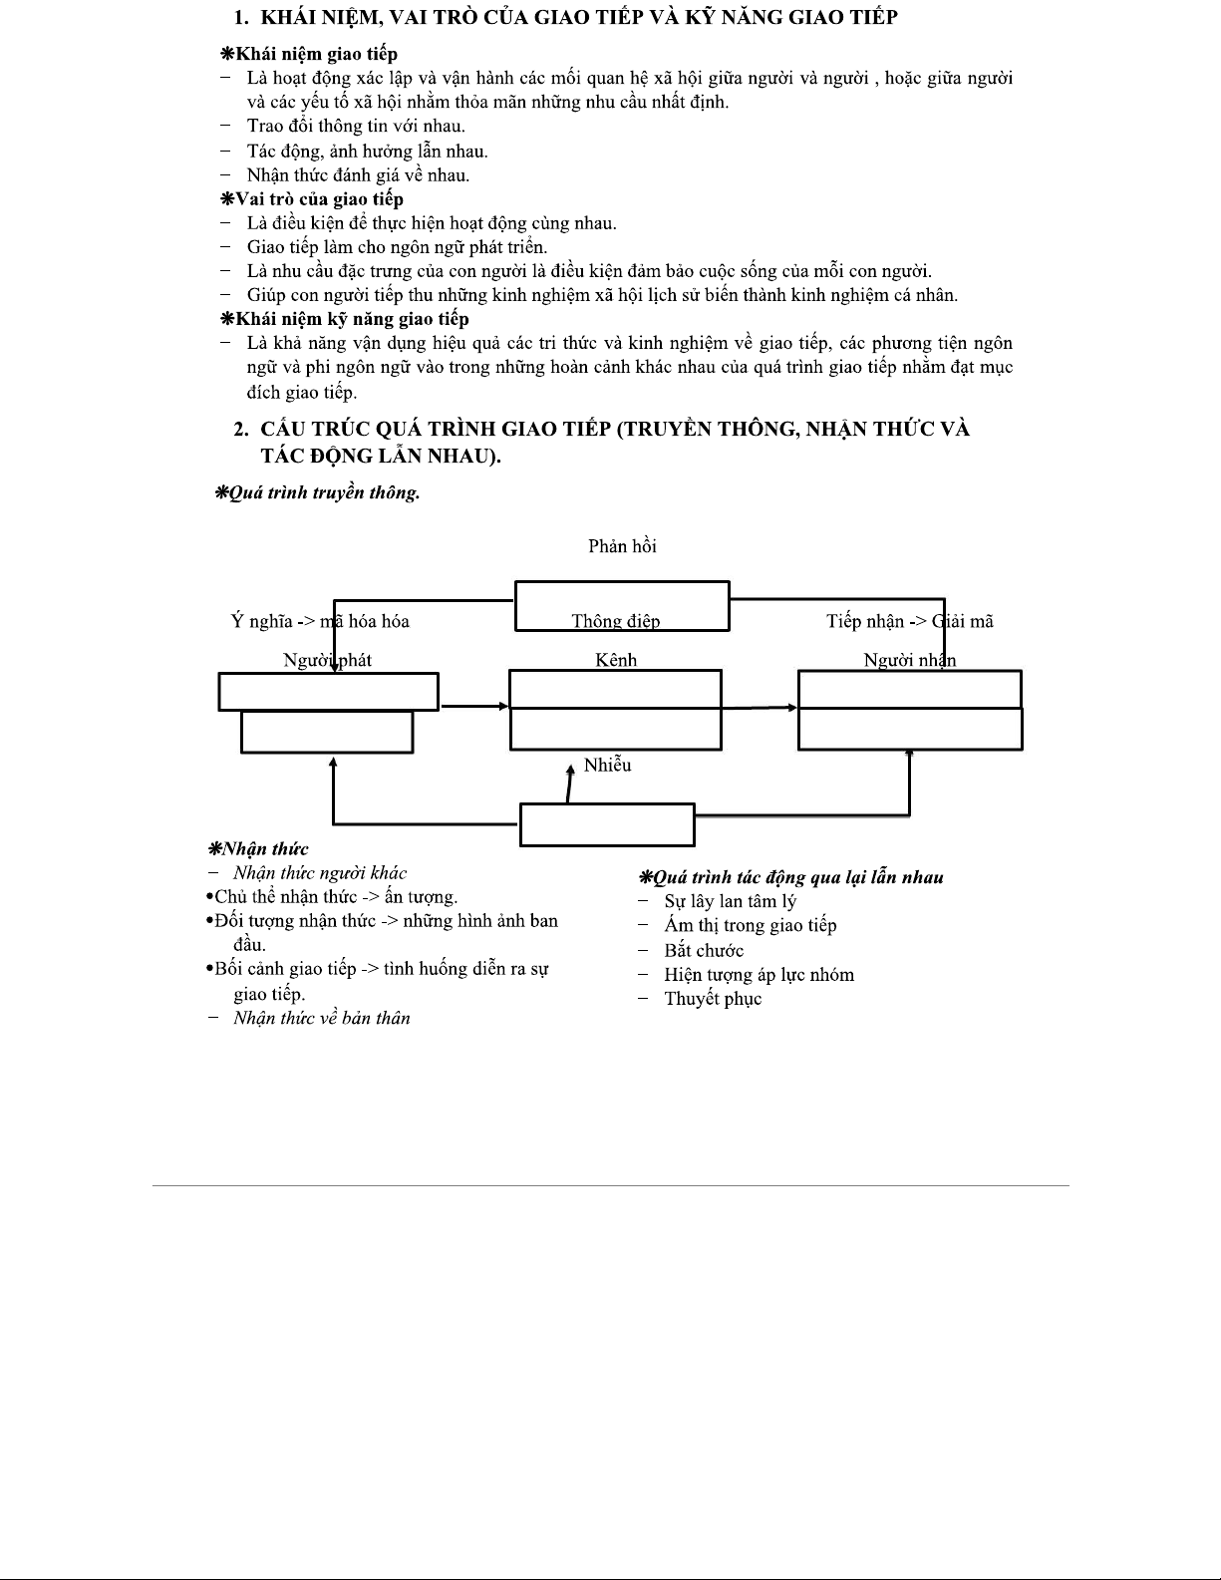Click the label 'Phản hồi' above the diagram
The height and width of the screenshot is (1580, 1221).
(622, 546)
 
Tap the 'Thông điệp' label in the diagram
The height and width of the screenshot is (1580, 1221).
(615, 621)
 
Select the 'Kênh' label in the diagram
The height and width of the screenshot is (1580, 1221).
(615, 660)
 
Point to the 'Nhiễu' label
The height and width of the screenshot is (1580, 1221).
(607, 766)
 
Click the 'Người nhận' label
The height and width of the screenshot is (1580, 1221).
(909, 660)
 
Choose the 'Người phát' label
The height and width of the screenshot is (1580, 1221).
(327, 660)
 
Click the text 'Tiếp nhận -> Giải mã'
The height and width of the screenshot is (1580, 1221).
(909, 621)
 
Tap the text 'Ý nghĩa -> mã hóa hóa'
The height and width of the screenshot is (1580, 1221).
(320, 621)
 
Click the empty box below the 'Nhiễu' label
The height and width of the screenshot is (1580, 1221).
(607, 825)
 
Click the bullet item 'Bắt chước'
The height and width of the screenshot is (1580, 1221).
(704, 951)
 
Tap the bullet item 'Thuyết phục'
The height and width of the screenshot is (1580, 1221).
(713, 999)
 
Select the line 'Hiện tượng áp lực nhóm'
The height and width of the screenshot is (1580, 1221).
(759, 975)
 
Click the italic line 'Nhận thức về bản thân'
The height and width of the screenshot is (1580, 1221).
(322, 1018)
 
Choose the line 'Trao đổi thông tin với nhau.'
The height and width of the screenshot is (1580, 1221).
(356, 127)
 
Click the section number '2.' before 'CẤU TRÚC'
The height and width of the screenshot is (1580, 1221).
(241, 430)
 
